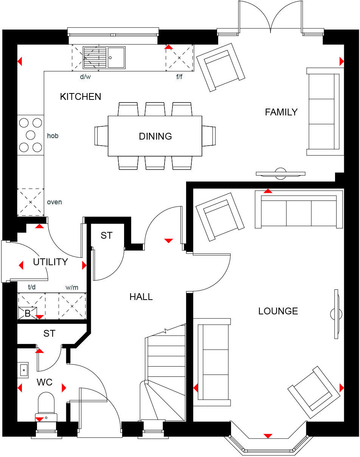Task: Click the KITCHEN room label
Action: [x=81, y=96]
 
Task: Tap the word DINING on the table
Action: [x=155, y=136]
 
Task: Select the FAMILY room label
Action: [x=281, y=112]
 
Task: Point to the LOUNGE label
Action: [x=278, y=311]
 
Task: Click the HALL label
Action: [x=141, y=297]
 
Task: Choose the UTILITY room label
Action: [x=50, y=262]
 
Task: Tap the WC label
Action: [x=44, y=382]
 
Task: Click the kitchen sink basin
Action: [x=116, y=58]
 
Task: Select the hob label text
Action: [x=53, y=135]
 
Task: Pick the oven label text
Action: [x=54, y=202]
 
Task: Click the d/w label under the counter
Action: [x=85, y=77]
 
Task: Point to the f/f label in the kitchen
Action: [x=179, y=77]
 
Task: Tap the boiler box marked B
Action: [x=27, y=312]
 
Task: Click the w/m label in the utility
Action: [x=71, y=288]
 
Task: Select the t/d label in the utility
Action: [x=32, y=288]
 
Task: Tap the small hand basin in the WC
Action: [x=23, y=369]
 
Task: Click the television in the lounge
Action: [x=336, y=314]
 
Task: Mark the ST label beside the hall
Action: [x=106, y=235]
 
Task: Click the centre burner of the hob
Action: [x=30, y=135]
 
